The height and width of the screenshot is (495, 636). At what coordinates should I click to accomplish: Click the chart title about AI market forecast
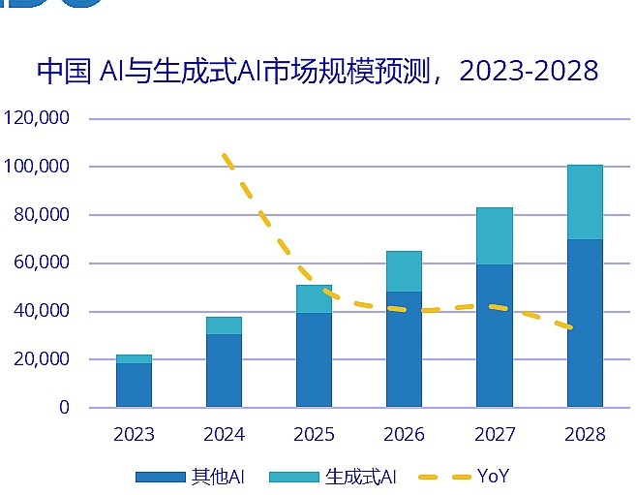(x=318, y=72)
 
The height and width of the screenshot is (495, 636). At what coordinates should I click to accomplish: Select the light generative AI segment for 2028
(x=585, y=201)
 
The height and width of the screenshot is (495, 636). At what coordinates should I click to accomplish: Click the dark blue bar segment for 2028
(x=585, y=323)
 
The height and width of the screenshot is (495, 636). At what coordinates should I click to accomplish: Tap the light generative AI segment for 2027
(x=495, y=235)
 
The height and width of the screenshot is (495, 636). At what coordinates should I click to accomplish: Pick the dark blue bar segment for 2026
(x=405, y=349)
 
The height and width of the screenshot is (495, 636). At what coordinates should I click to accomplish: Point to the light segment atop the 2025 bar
(x=315, y=298)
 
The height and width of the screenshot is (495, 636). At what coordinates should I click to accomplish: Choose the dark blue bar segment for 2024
(x=224, y=370)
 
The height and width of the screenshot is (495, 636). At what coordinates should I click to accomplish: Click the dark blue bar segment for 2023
(x=134, y=385)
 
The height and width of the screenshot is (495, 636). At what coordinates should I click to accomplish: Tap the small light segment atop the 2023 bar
(x=134, y=358)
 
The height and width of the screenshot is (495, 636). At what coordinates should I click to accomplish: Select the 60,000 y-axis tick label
(x=42, y=263)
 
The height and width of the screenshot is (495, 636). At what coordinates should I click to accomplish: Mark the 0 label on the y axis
(x=64, y=408)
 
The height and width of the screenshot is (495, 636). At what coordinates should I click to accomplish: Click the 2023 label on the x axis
(x=134, y=435)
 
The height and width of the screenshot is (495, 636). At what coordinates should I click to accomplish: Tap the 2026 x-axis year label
(x=405, y=435)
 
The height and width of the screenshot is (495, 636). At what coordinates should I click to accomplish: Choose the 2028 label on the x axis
(x=585, y=435)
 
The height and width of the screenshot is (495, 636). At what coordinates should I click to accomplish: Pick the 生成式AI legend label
(x=361, y=476)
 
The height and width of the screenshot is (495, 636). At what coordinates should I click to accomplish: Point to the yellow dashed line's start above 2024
(x=225, y=155)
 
